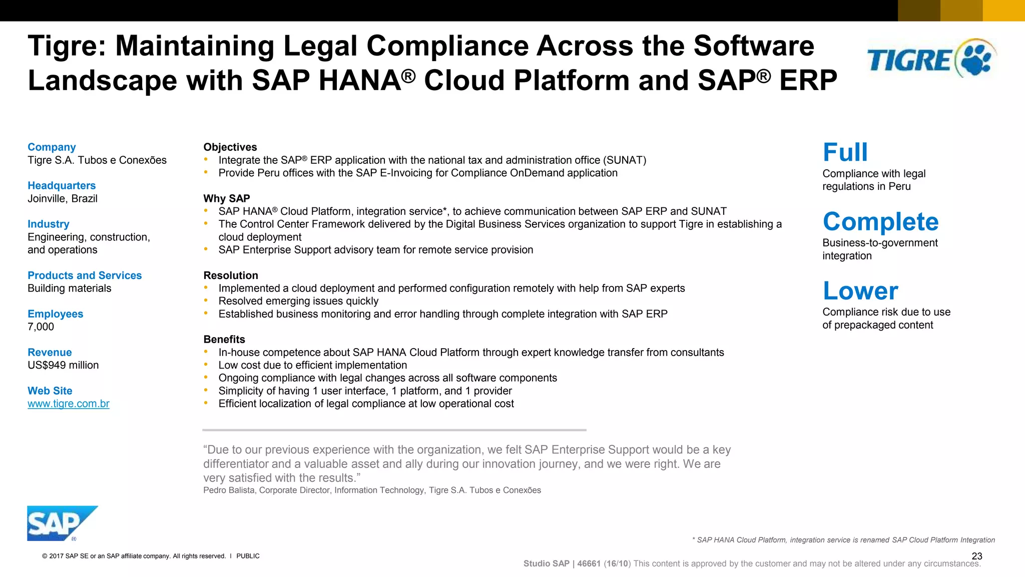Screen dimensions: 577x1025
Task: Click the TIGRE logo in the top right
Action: tap(931, 59)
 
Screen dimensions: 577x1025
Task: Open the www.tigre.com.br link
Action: tap(69, 404)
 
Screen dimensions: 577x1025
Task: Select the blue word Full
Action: tap(845, 152)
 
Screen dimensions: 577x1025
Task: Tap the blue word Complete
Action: tap(880, 221)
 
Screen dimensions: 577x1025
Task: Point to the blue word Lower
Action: tap(860, 291)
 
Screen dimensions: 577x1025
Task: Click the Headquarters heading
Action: tap(62, 186)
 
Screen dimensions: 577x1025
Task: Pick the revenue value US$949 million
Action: tap(63, 365)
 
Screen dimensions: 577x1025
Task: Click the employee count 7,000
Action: tap(41, 327)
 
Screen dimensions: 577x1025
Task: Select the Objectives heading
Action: tap(230, 147)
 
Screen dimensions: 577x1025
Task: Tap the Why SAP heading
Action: tap(226, 198)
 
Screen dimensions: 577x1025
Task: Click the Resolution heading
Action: tap(230, 275)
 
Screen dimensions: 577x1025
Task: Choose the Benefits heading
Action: tap(224, 340)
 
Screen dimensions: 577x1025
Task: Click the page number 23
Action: tap(976, 556)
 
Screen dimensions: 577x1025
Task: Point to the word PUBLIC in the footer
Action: tap(248, 556)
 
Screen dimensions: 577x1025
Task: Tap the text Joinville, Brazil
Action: tap(63, 199)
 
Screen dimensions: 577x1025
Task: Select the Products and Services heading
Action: tap(85, 275)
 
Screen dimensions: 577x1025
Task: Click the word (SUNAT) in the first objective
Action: tap(625, 160)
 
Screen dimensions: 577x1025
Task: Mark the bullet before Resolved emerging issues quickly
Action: tap(206, 301)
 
